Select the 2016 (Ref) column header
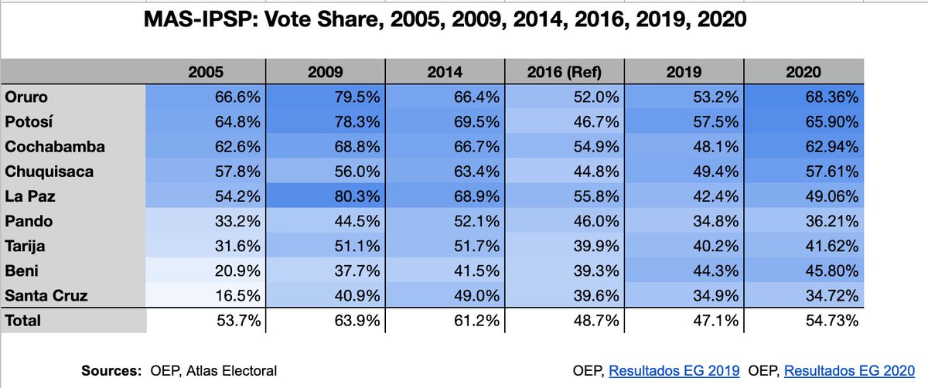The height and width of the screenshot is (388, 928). [565, 72]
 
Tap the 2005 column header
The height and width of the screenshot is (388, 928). [206, 72]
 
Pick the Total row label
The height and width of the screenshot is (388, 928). [22, 320]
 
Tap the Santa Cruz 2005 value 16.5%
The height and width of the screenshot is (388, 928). [239, 295]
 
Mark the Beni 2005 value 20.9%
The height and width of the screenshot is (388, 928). [239, 271]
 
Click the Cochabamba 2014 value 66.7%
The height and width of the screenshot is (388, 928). [480, 147]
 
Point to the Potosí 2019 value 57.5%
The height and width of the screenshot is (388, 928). [720, 122]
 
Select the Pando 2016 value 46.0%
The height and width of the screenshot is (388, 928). [600, 221]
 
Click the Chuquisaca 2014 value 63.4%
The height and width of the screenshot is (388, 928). [480, 172]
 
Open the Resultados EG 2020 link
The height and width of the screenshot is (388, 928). [848, 371]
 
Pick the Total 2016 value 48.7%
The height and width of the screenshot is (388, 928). [600, 320]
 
